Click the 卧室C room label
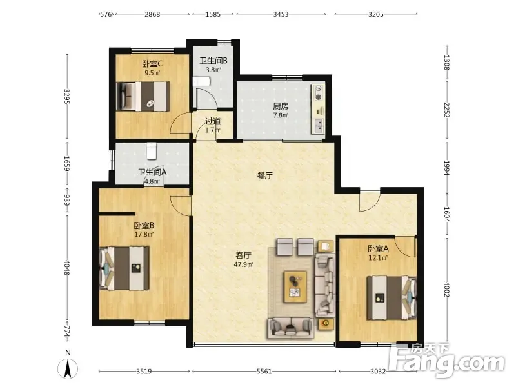[x=152, y=63]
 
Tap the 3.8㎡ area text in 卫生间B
[x=213, y=70]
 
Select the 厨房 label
[x=281, y=106]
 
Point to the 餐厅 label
[x=265, y=175]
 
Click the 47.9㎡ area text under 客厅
[x=243, y=264]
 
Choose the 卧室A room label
[x=378, y=249]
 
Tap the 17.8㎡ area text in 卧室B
[x=144, y=234]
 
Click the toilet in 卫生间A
[x=152, y=151]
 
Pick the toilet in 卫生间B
[x=201, y=82]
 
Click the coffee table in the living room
[x=295, y=286]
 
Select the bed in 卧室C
[x=143, y=96]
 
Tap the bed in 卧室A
[x=392, y=298]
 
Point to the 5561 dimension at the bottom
[x=264, y=372]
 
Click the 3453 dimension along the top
[x=281, y=14]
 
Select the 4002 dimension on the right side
[x=446, y=289]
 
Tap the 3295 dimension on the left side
[x=67, y=96]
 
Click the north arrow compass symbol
[x=68, y=368]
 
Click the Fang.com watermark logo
[x=446, y=361]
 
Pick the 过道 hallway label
[x=213, y=121]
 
